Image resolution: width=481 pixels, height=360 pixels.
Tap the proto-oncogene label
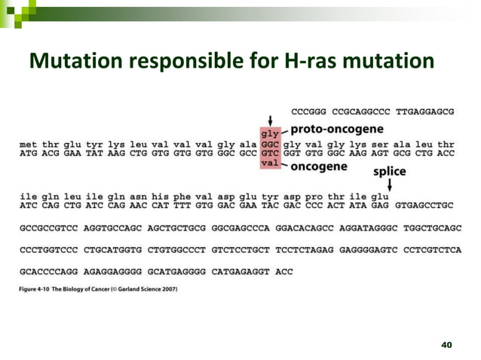point(338,128)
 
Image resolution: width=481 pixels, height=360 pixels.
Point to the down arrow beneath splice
point(389,184)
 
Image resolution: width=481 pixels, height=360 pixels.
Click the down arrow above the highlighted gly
point(270,120)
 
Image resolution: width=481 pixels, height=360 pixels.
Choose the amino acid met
point(28,142)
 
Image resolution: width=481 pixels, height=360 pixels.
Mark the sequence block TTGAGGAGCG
point(425,111)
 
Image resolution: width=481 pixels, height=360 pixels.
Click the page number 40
point(446,345)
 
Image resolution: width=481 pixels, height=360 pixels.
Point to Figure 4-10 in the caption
point(38,288)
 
